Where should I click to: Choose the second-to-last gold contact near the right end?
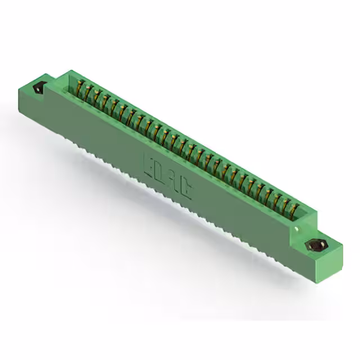pos(284,206)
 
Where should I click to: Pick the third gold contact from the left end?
pos(97,97)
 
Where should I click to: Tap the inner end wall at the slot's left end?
pos(72,84)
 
